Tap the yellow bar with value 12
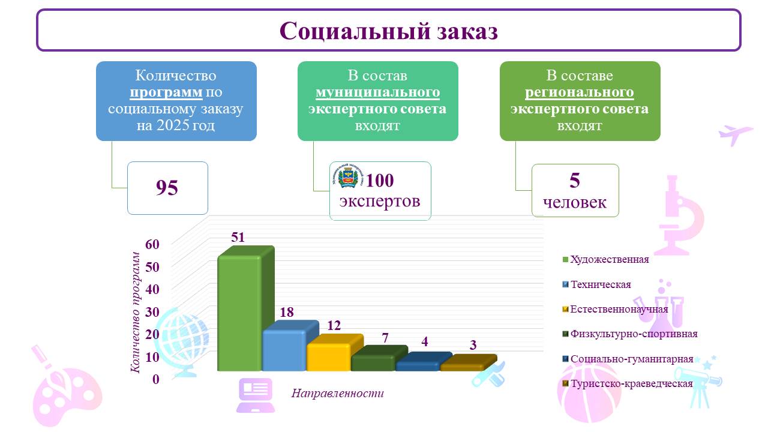(330, 355)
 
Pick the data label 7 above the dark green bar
(385, 338)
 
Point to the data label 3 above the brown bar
(473, 345)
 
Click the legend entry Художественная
(605, 260)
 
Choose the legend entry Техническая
(596, 284)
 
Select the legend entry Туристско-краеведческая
(628, 383)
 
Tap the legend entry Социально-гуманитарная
(628, 359)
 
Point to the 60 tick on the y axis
(152, 244)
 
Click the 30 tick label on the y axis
(152, 313)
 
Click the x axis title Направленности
(338, 393)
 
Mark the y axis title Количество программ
(136, 313)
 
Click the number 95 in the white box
(167, 188)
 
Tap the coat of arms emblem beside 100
(348, 176)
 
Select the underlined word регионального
(580, 92)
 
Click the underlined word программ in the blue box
(166, 92)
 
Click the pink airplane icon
(736, 135)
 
